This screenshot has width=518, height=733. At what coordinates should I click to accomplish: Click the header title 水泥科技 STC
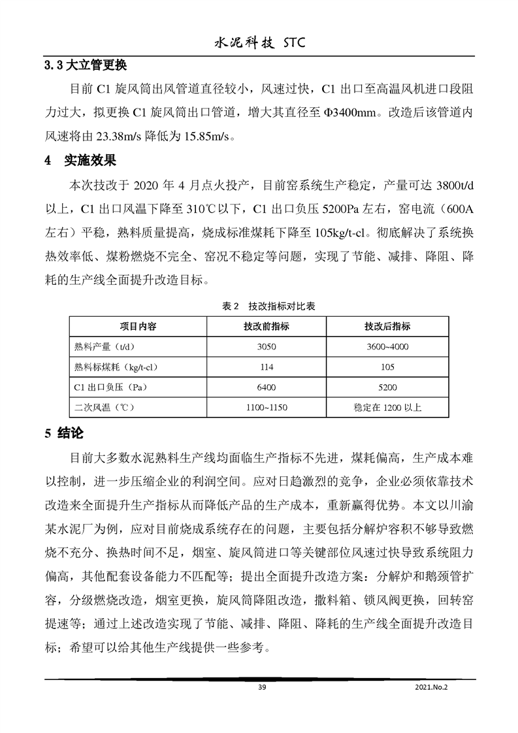pos(259,44)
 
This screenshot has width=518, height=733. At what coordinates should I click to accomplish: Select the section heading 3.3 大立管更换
pos(85,66)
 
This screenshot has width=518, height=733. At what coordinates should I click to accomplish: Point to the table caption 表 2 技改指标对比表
pos(259,306)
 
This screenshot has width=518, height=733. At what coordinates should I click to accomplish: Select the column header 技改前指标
pos(267,326)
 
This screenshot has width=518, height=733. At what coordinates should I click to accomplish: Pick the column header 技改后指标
pos(387,326)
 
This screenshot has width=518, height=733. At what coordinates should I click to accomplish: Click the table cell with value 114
pos(267,366)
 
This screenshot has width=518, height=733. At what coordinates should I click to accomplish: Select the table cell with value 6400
pos(267,387)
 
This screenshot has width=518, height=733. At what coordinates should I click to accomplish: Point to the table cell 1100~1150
pos(267,407)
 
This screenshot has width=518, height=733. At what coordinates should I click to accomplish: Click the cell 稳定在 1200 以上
pos(387,407)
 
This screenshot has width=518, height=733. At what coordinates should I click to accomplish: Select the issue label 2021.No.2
pos(432,687)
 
